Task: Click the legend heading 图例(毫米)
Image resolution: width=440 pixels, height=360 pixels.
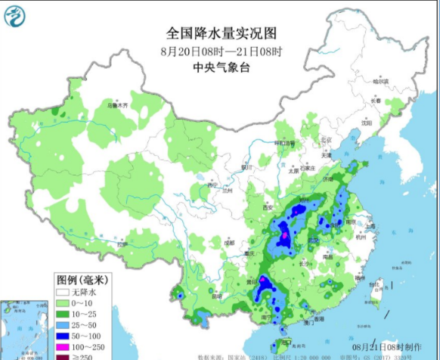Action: tap(80, 279)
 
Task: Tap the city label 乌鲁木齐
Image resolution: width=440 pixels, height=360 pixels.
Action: tap(117, 106)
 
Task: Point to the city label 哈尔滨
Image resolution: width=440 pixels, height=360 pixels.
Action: tap(380, 81)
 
